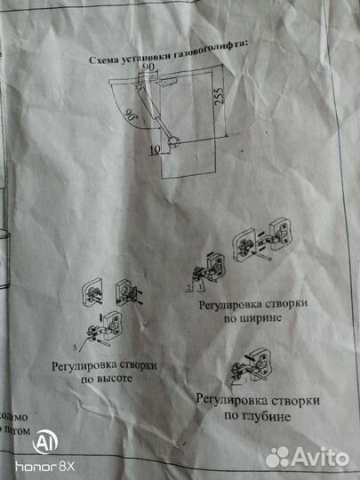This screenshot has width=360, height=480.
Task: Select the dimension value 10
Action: point(157,150)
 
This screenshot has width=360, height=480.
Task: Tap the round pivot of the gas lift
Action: point(172,139)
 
